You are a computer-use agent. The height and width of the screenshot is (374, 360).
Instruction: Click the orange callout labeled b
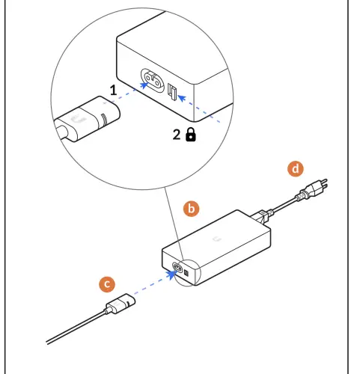pos(192,209)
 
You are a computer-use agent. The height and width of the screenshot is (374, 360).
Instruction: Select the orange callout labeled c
pos(108,283)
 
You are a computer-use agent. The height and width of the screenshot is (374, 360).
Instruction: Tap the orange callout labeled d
pos(297,169)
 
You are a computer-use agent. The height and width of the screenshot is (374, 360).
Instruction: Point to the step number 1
pos(113,90)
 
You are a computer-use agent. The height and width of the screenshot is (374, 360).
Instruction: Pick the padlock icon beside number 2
pos(191,135)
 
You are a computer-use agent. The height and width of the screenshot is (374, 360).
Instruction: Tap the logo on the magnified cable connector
pos(77,119)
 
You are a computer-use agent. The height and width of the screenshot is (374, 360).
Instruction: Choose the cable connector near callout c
pos(120,306)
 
